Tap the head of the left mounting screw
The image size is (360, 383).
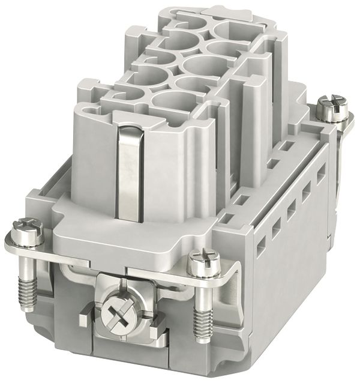tap(22, 228)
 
